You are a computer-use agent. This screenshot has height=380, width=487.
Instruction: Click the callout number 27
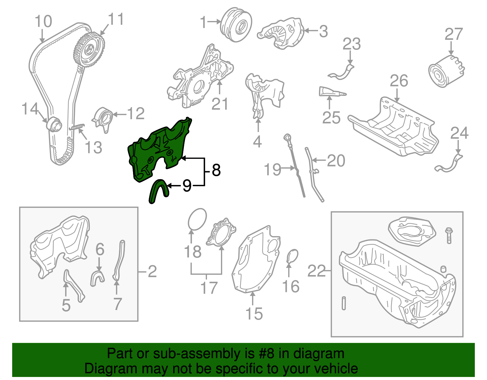(454, 34)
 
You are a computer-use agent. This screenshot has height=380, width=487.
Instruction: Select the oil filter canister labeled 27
(446, 71)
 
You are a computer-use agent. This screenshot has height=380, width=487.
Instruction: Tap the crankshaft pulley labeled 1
(236, 25)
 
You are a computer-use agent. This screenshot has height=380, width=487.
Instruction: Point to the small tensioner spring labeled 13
(76, 127)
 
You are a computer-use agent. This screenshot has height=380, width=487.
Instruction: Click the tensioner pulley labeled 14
(54, 123)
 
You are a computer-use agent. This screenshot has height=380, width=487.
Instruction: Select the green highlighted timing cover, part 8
(158, 149)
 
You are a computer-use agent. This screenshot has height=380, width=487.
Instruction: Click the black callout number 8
(216, 170)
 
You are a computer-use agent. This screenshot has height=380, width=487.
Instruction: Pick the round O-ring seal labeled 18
(197, 219)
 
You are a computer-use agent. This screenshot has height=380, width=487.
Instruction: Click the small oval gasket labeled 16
(293, 256)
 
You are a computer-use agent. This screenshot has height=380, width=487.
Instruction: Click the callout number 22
(317, 271)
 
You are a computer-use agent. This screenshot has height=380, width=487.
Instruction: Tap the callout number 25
(331, 118)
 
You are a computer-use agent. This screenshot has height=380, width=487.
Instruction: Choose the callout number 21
(220, 104)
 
